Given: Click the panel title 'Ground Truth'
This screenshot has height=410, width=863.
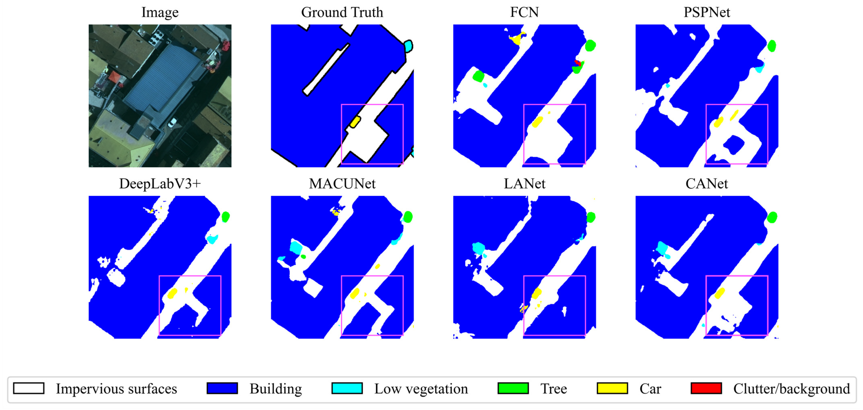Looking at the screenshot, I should click(x=342, y=12).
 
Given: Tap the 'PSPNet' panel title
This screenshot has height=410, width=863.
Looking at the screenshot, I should click(x=707, y=12).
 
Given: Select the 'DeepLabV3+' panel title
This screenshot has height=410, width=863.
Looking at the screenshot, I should click(x=160, y=184).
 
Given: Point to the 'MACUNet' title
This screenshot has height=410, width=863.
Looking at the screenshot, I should click(x=342, y=184).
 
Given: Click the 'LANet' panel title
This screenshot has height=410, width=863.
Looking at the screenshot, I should click(x=524, y=184).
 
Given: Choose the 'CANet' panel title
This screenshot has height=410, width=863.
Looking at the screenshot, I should click(x=707, y=184).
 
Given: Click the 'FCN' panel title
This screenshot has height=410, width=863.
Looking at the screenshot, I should click(x=524, y=12).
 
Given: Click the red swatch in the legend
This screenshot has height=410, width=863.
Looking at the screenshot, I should click(x=706, y=388).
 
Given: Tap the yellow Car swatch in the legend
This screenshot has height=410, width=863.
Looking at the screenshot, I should click(x=612, y=388).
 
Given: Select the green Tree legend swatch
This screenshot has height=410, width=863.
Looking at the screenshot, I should click(x=513, y=388).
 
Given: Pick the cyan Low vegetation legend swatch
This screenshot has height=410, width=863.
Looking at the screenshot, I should click(x=347, y=388).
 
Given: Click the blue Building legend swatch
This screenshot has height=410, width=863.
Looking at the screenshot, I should click(x=222, y=388).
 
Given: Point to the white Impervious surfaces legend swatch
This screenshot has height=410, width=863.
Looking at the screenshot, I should click(x=28, y=388).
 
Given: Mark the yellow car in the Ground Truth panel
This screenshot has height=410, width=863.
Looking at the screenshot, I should click(x=355, y=122).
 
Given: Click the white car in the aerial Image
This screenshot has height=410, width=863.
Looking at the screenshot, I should click(x=172, y=122).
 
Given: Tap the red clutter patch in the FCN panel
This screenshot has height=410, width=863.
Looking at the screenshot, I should click(x=577, y=63).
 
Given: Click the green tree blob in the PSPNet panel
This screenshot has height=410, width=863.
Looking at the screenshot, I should click(x=772, y=46).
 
